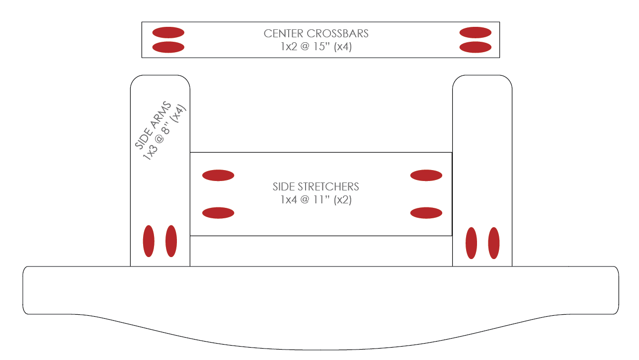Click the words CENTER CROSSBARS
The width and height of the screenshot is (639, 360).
pyautogui.click(x=316, y=34)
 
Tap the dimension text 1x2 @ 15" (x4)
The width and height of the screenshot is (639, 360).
pyautogui.click(x=316, y=48)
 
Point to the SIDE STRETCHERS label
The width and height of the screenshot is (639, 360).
pyautogui.click(x=316, y=187)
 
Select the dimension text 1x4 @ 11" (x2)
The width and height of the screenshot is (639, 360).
pyautogui.click(x=316, y=200)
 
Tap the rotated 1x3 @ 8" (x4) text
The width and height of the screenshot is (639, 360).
pyautogui.click(x=164, y=132)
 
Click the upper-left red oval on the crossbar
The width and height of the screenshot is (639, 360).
pyautogui.click(x=168, y=33)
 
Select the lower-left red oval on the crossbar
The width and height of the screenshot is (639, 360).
pyautogui.click(x=168, y=47)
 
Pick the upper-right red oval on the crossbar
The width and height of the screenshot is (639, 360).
pyautogui.click(x=476, y=33)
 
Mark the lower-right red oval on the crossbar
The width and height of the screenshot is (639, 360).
pyautogui.click(x=476, y=47)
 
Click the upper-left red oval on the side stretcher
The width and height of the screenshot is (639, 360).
pyautogui.click(x=218, y=175)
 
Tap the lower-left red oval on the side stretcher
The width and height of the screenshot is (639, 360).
pyautogui.click(x=218, y=213)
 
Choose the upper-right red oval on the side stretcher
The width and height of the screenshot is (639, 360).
pyautogui.click(x=426, y=175)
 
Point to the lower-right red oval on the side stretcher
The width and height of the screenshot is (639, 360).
pyautogui.click(x=426, y=213)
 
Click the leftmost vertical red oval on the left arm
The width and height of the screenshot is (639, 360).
pyautogui.click(x=149, y=241)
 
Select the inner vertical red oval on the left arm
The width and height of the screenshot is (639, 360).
pyautogui.click(x=171, y=241)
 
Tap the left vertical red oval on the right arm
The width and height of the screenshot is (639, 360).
pyautogui.click(x=471, y=243)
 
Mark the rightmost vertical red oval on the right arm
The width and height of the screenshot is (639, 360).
pyautogui.click(x=494, y=243)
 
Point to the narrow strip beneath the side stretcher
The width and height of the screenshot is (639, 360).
pyautogui.click(x=321, y=251)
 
